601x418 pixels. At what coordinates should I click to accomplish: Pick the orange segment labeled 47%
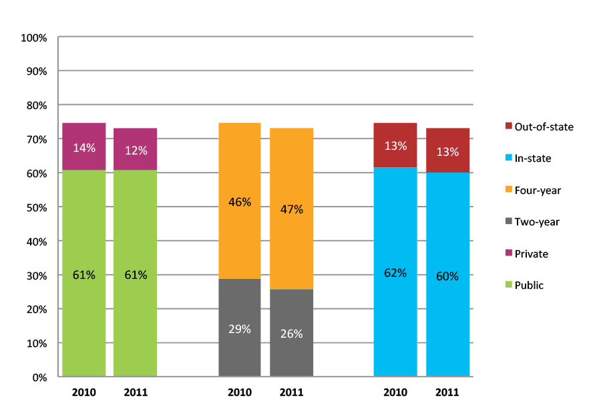tap(291, 209)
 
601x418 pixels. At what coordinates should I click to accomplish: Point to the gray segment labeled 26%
tap(291, 333)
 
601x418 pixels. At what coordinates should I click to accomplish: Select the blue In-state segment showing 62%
tap(395, 272)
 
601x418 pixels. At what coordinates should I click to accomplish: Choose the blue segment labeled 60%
tap(447, 275)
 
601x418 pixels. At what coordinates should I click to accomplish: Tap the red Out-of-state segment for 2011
tap(447, 150)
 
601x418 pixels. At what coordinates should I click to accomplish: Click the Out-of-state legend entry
tap(538, 126)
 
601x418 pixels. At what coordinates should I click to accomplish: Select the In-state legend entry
tap(528, 159)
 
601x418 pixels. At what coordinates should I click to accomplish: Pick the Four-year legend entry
tap(532, 191)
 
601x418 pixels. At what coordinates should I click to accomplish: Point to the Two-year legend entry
tap(531, 222)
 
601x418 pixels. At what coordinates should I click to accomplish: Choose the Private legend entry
tap(526, 254)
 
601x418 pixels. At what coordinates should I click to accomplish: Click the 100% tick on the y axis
tap(34, 37)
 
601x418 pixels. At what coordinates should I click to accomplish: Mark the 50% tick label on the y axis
tap(36, 207)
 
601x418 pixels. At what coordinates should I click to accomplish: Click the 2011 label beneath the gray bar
tap(291, 393)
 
